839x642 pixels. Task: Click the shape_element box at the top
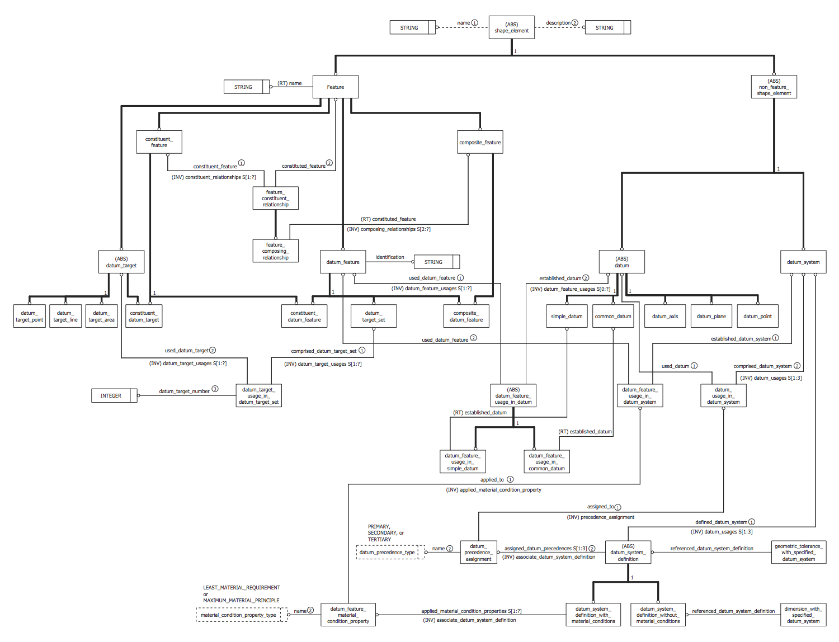[x=511, y=27]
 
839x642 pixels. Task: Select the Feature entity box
[x=336, y=87]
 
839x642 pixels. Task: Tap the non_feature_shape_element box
[x=774, y=87]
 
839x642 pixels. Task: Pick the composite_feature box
[x=480, y=143]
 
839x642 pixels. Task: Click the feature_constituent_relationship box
[x=275, y=199]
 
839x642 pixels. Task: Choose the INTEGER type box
[x=111, y=396]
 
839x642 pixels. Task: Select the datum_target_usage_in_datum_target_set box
[x=258, y=396]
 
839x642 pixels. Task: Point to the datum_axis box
[x=665, y=317]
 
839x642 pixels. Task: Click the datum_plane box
[x=711, y=317]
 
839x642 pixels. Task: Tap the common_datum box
[x=613, y=317]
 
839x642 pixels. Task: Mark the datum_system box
[x=803, y=262]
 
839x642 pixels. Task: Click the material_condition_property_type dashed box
[x=241, y=615]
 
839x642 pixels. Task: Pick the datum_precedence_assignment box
[x=478, y=553]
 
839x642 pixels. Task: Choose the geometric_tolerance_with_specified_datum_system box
[x=798, y=553]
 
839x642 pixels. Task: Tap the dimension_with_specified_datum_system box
[x=803, y=615]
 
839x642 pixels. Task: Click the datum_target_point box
[x=29, y=317]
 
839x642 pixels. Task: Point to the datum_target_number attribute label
[x=184, y=391]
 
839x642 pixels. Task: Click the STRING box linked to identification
[x=433, y=262]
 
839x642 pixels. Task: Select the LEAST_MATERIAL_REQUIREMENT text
[x=242, y=588]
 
